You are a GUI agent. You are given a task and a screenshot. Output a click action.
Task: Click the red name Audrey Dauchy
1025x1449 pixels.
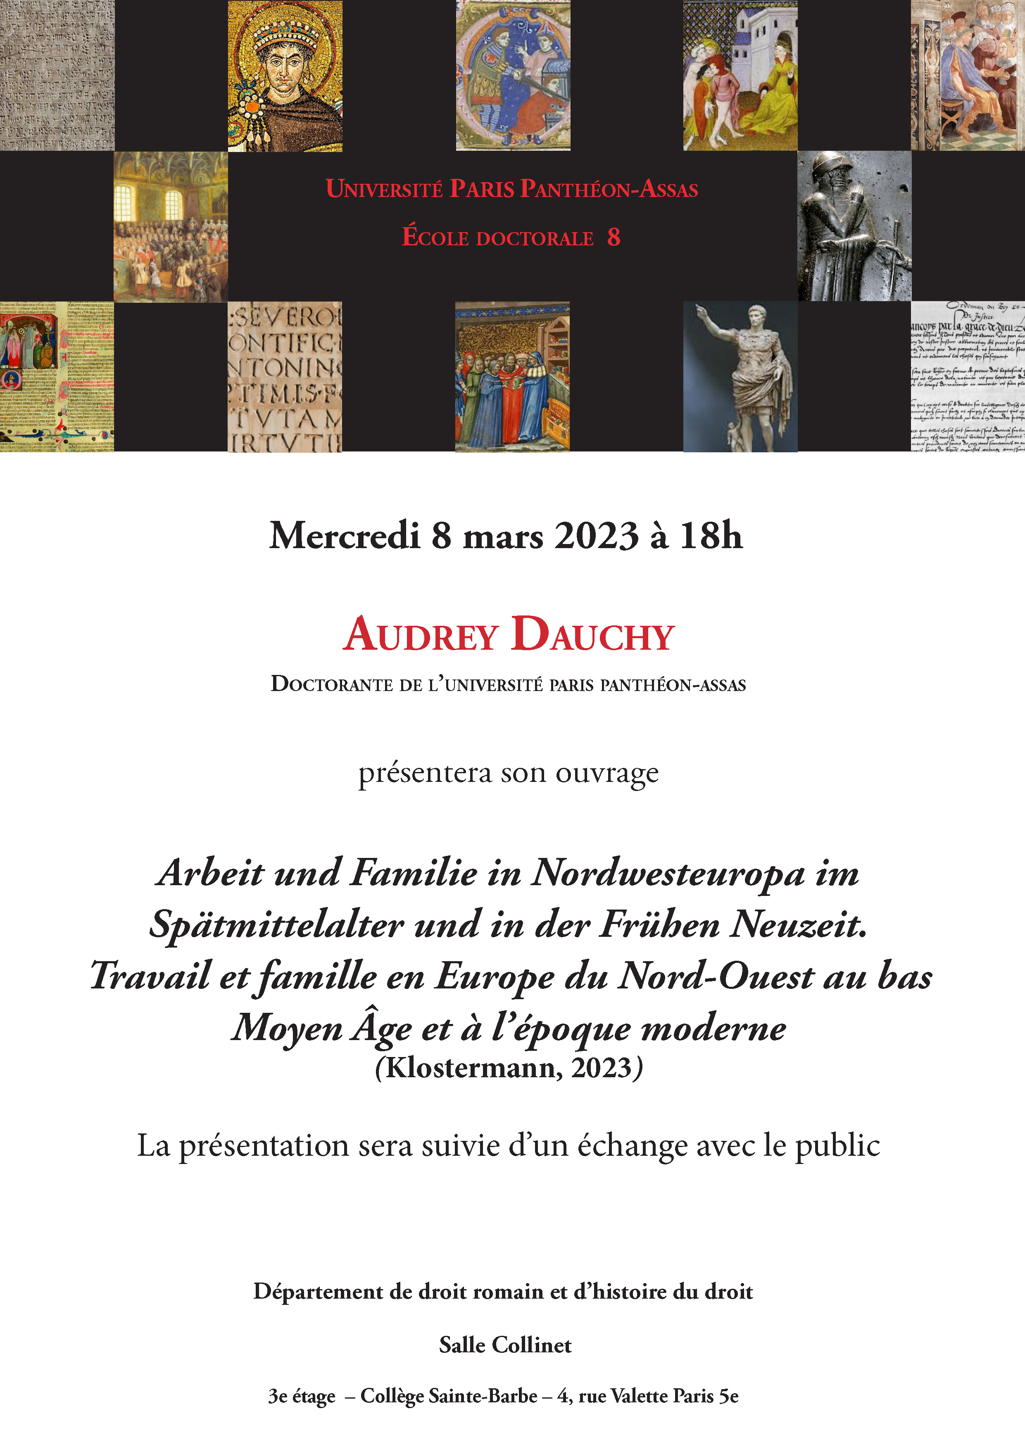509,634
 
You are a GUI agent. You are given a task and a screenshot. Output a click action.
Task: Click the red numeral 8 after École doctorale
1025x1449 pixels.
614,237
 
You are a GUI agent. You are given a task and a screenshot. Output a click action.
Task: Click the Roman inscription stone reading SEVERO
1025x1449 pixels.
285,377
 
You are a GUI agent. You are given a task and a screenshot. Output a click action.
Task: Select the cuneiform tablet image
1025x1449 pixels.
57,75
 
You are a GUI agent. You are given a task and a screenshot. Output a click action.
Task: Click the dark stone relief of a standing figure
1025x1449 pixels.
854,226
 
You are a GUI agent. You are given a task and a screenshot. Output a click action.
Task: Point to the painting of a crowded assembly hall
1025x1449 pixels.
170,226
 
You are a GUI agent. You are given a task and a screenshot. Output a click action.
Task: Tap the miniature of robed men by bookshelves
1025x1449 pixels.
512,377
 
